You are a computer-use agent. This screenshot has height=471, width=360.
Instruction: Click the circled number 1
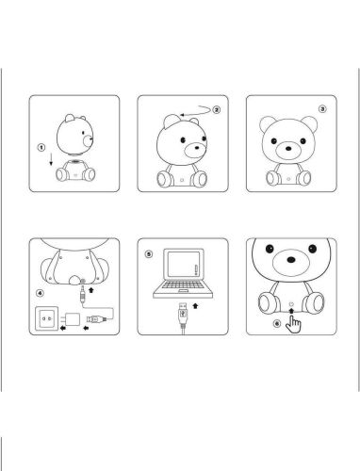[x=41, y=147]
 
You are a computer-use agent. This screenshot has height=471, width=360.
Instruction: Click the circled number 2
[x=216, y=109]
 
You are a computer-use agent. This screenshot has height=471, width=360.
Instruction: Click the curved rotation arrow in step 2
[x=194, y=110]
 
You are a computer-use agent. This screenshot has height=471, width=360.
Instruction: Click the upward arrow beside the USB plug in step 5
[x=194, y=308]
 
